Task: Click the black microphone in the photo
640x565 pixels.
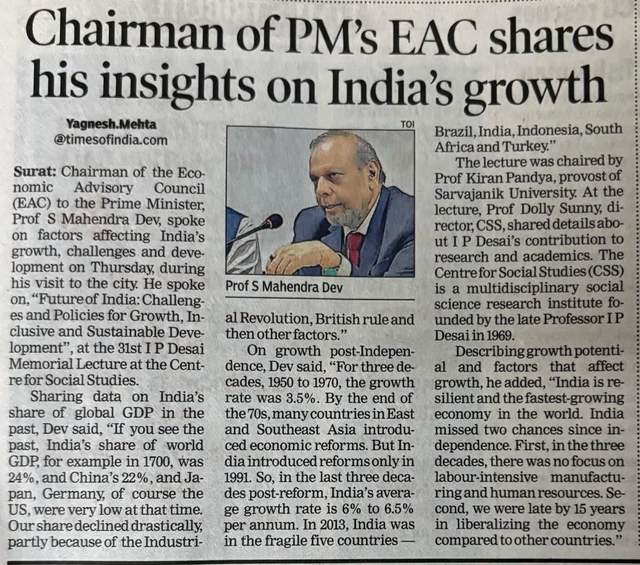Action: [273, 221]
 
